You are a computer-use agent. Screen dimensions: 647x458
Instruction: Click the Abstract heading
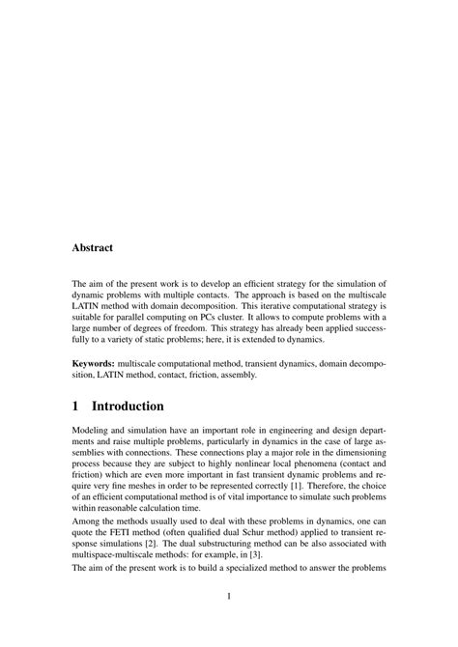tap(93, 247)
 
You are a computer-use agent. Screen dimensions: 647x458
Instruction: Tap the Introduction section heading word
tap(148, 407)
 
